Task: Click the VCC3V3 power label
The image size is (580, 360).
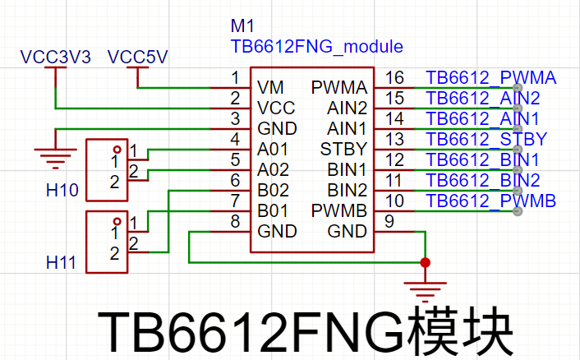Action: pos(56,57)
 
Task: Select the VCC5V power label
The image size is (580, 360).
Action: pos(137,57)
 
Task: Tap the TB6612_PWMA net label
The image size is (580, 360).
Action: pos(490,78)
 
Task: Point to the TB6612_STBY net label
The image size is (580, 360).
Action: pos(486,139)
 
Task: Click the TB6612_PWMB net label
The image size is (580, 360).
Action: pos(490,201)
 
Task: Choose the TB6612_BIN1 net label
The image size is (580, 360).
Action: pos(483,159)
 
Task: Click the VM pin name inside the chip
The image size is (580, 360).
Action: pos(270,88)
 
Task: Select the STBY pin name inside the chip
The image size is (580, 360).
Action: pos(343,149)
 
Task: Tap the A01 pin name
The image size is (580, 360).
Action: pos(272,150)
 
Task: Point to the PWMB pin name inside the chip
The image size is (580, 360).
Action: pos(338,211)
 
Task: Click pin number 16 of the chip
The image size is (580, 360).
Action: pos(394,78)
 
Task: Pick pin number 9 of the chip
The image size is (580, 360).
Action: pos(389,221)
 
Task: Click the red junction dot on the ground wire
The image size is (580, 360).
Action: pos(426,263)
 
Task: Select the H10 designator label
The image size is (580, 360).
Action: pos(62,190)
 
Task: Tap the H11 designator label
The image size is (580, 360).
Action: pos(61,262)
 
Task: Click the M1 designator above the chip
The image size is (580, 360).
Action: pos(242,26)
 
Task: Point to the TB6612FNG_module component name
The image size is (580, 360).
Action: pos(316,47)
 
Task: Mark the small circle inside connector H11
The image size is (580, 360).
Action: pos(117,222)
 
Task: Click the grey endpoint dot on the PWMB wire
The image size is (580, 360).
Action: pos(518,211)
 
